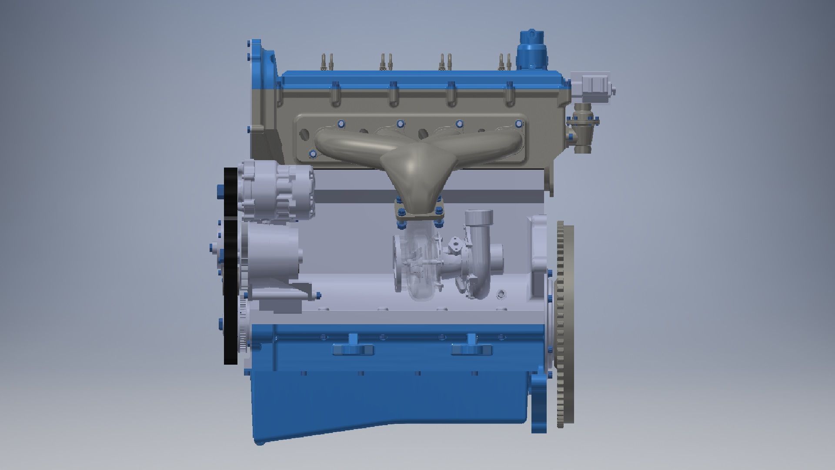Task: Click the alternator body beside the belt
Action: pyautogui.click(x=276, y=191)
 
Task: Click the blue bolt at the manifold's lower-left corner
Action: pyautogui.click(x=312, y=154)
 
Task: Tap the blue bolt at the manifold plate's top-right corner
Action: pyautogui.click(x=518, y=123)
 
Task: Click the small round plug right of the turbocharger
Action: pyautogui.click(x=502, y=294)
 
